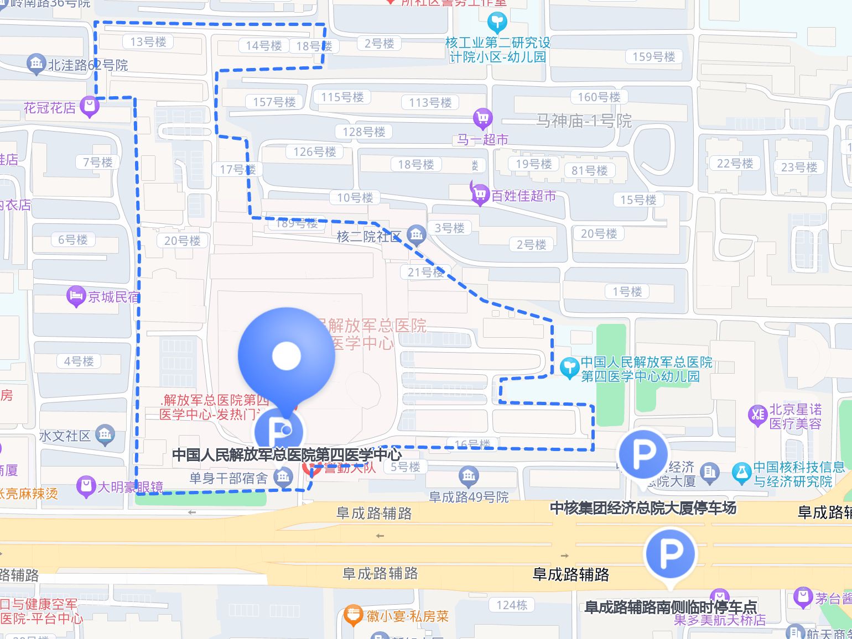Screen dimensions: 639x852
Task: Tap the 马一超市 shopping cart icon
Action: [482, 118]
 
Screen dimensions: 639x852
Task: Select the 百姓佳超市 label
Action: [523, 196]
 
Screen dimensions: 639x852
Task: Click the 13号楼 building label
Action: [148, 41]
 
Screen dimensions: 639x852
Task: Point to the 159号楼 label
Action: [653, 56]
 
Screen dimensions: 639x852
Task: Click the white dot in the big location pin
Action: [286, 355]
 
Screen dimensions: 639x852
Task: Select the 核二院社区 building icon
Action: [416, 235]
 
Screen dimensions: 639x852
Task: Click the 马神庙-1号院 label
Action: [584, 121]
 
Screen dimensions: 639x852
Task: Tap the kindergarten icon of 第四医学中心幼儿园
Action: [569, 368]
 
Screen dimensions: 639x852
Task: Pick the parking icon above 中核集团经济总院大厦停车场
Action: [643, 455]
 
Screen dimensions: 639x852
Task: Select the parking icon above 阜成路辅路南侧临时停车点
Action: [670, 553]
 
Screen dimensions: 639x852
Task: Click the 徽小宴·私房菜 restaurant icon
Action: [352, 615]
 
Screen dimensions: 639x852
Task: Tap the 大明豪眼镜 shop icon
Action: [86, 486]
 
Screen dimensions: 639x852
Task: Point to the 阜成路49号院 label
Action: [469, 497]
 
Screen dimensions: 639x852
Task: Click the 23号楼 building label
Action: [799, 167]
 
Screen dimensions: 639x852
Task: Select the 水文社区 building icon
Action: [105, 434]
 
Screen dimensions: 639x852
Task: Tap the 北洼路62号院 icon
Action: [36, 64]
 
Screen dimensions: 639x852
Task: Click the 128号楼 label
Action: [363, 132]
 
